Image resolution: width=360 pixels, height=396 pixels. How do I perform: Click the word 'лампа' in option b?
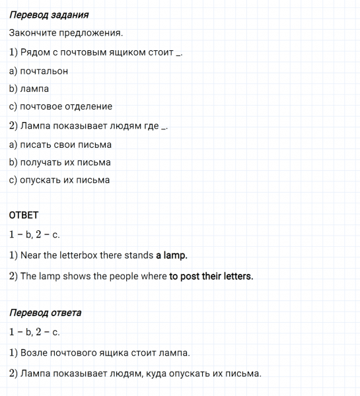34,88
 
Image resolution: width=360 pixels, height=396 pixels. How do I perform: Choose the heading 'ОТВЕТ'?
24,215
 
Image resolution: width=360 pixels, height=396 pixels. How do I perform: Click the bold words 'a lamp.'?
172,255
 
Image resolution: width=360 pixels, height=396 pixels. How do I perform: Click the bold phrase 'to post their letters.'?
211,277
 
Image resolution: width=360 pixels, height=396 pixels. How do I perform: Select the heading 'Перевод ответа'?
45,312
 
